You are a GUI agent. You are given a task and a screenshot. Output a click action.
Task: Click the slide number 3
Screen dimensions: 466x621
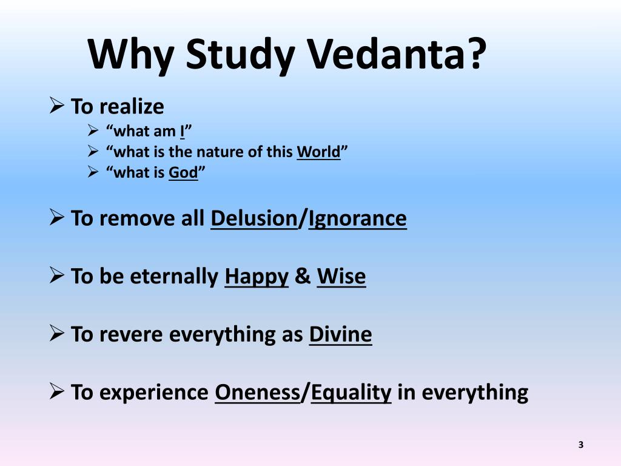click(580, 445)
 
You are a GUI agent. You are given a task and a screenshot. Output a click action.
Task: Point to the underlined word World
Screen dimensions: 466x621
click(318, 152)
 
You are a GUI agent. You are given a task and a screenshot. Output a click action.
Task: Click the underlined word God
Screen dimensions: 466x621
click(183, 173)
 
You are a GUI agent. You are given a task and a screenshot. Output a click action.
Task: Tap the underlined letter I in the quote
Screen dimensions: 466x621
click(181, 130)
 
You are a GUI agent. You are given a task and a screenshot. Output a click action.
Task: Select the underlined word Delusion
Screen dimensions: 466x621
click(253, 218)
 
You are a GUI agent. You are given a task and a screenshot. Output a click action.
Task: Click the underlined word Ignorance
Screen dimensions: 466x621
click(357, 218)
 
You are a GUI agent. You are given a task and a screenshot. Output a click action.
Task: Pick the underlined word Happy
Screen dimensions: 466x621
click(256, 277)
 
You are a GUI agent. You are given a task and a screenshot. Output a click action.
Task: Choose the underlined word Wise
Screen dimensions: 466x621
click(341, 277)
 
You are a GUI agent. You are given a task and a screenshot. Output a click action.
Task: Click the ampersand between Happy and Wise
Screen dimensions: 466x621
click(302, 277)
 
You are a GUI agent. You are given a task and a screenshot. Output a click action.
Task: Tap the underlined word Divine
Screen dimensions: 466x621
click(340, 334)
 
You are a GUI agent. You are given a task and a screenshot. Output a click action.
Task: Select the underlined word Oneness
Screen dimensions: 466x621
click(257, 393)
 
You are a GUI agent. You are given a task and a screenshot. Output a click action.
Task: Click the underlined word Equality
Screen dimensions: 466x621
click(351, 393)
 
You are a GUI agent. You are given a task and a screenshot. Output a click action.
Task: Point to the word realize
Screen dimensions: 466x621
click(131, 107)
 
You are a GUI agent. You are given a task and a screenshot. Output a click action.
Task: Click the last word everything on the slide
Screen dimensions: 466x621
click(475, 393)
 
